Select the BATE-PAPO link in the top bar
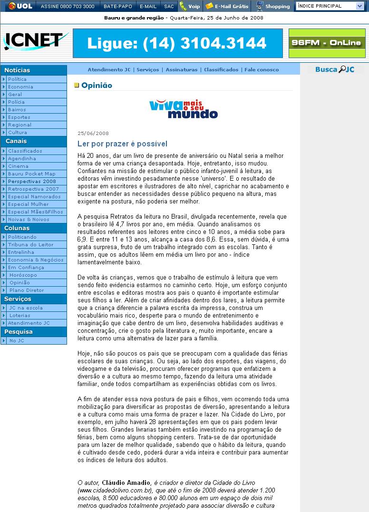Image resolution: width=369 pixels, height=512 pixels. (117, 6)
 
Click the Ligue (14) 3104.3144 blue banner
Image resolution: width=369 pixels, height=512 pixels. (177, 43)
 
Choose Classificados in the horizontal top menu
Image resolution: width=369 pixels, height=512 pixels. (221, 69)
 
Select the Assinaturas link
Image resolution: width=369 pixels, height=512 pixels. (181, 69)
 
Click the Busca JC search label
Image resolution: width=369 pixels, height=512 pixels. (334, 69)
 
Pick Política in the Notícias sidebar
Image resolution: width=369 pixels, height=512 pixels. (17, 79)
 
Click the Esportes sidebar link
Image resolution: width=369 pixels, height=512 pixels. (19, 117)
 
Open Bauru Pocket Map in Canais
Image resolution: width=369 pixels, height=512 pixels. (31, 174)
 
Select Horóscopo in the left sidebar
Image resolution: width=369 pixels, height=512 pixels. (23, 275)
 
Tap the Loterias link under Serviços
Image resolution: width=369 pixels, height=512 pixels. (19, 315)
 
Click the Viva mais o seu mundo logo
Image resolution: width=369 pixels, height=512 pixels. (184, 109)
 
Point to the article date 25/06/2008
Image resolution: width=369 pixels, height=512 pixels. (93, 133)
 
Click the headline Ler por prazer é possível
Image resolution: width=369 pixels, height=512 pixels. (122, 144)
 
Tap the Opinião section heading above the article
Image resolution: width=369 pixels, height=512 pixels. (97, 86)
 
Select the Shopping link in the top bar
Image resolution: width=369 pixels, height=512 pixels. (277, 6)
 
